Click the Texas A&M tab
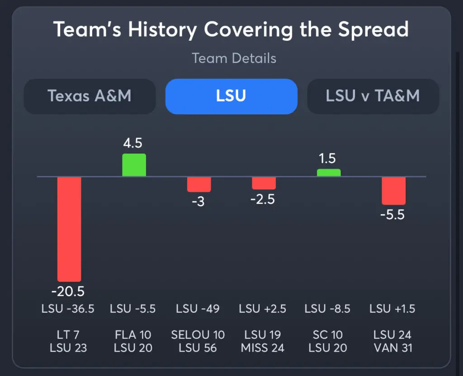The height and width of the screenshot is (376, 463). (x=90, y=96)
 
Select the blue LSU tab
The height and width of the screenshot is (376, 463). (x=231, y=96)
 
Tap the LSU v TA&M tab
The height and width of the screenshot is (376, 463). (x=373, y=96)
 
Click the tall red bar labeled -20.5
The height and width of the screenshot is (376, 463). (x=69, y=228)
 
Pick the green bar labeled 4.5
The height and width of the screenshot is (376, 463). (x=134, y=165)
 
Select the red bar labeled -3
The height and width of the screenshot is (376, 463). (x=199, y=184)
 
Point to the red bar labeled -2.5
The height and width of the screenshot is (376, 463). (x=264, y=183)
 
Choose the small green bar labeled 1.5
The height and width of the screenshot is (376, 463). (x=329, y=173)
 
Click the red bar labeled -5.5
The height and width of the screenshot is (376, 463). (x=393, y=190)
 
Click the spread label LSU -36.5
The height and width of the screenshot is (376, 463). (x=68, y=309)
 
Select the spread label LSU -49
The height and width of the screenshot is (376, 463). (x=198, y=309)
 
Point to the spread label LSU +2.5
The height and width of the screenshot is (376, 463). (x=263, y=309)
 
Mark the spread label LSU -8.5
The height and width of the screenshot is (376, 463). (x=328, y=309)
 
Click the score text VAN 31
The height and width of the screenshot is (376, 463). (x=392, y=348)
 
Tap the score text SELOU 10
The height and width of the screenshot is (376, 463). (x=198, y=335)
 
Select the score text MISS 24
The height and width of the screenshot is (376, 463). (x=263, y=348)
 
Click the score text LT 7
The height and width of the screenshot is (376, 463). (x=68, y=335)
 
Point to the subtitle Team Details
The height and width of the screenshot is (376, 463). (x=234, y=58)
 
